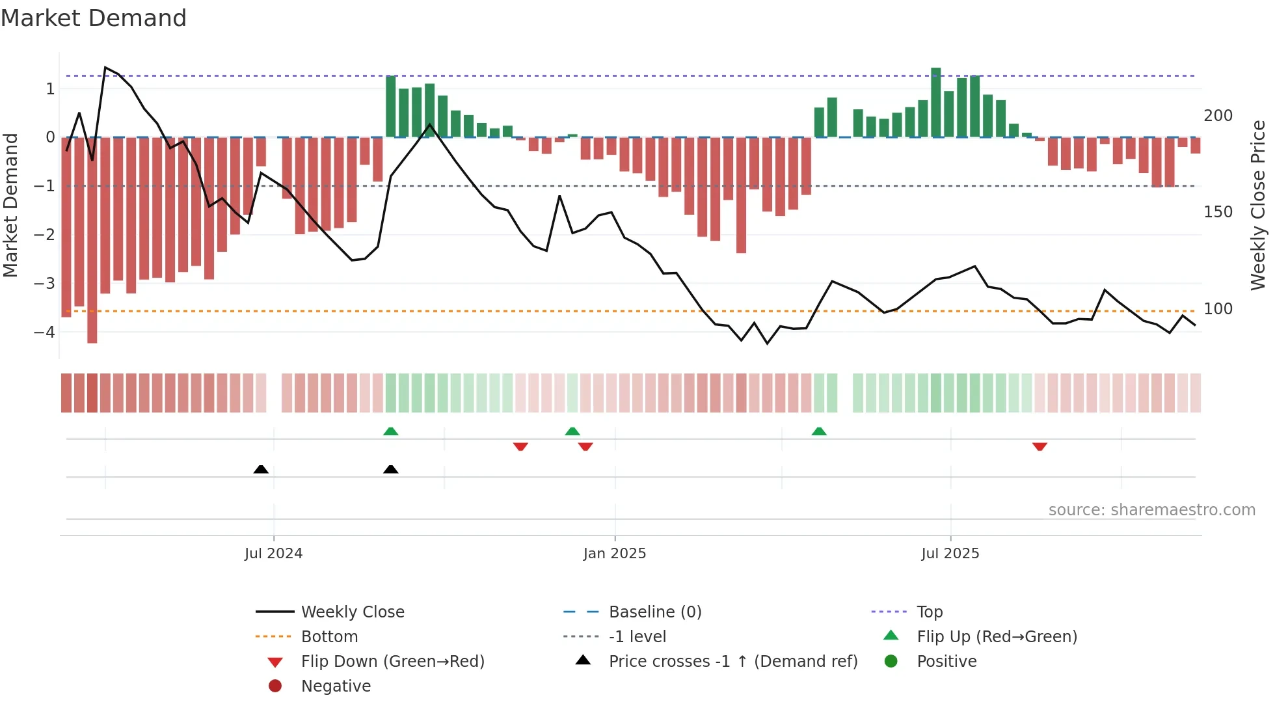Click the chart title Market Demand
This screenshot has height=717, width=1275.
point(94,18)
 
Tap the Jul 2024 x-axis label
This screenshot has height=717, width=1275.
point(273,553)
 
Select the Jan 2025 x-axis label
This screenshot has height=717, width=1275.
point(614,553)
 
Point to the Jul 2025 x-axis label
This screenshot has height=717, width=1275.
point(950,553)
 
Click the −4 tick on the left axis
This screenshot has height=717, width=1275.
point(44,332)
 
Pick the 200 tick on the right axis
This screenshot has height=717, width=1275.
point(1218,116)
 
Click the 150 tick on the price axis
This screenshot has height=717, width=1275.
point(1218,212)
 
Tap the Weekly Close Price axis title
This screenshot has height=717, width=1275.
point(1258,205)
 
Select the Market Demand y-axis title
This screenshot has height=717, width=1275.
point(10,205)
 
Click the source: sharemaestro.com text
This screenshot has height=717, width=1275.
point(1151,510)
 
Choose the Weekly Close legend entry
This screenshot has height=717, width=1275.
point(352,612)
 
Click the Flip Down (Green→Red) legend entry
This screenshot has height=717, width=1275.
point(392,661)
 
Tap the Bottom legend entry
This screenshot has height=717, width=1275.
point(329,636)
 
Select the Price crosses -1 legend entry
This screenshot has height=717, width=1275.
point(732,661)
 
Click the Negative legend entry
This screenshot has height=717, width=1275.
point(336,686)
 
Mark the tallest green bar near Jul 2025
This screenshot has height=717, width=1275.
point(935,101)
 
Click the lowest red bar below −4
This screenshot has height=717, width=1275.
point(92,241)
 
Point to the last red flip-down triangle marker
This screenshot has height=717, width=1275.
point(1040,446)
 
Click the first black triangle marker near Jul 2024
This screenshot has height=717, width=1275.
point(261,469)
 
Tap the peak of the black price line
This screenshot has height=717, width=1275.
point(105,68)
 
